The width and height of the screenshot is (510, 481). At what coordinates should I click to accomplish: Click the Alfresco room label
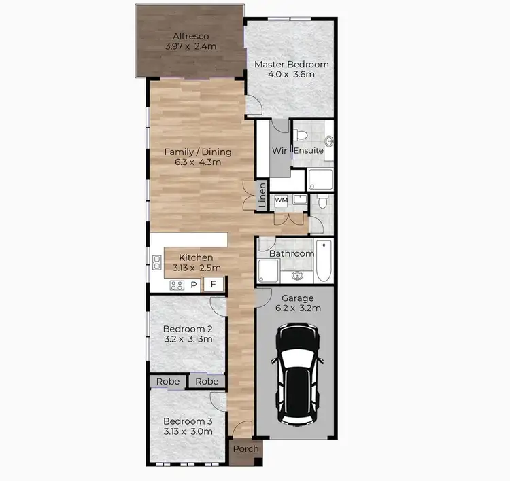190,36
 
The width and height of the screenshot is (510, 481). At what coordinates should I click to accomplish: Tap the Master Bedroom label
291,65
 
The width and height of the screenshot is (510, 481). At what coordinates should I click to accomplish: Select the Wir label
279,150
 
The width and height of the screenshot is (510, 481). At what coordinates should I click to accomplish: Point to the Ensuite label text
309,150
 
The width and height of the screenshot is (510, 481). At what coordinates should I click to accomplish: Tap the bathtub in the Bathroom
324,262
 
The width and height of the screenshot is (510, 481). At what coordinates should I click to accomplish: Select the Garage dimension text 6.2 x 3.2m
298,308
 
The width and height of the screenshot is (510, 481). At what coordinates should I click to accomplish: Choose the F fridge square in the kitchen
213,285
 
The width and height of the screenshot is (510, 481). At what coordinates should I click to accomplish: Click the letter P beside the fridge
194,285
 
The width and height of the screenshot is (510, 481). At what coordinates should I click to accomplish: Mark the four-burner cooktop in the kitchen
177,285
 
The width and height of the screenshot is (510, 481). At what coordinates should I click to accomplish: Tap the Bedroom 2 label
188,328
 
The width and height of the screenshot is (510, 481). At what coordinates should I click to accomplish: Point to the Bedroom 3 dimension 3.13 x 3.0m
188,431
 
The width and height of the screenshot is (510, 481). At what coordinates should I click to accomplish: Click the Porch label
245,449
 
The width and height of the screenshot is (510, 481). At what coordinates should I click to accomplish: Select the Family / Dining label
198,152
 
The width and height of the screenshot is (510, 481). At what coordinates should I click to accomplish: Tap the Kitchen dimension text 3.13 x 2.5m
196,268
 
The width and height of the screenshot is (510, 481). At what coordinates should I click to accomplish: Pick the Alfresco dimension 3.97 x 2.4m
190,47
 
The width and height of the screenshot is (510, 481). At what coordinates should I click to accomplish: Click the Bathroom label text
292,254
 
